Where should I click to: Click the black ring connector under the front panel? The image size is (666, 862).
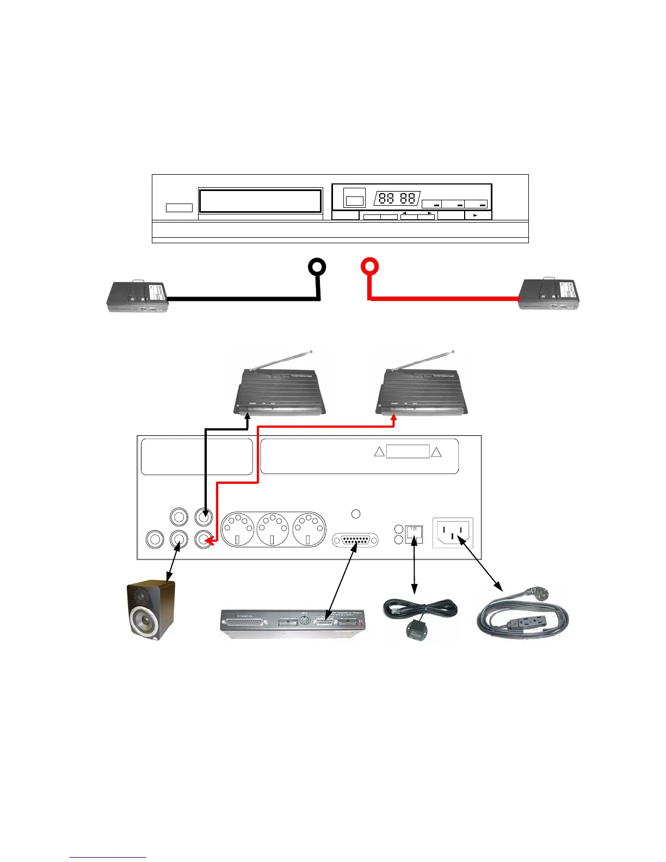point(317,267)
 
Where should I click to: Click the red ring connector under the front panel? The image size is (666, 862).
point(369,267)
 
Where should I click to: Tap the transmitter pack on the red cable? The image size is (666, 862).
point(548,294)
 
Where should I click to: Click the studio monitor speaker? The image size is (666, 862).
point(151,610)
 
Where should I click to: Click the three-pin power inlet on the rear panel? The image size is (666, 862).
point(453,532)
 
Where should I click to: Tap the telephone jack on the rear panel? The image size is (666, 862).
point(414,534)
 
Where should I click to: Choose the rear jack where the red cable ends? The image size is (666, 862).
point(203,539)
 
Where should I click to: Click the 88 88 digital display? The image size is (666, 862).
point(397,199)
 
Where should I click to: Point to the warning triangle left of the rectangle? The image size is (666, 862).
point(379,452)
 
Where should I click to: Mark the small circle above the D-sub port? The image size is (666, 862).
point(356,514)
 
